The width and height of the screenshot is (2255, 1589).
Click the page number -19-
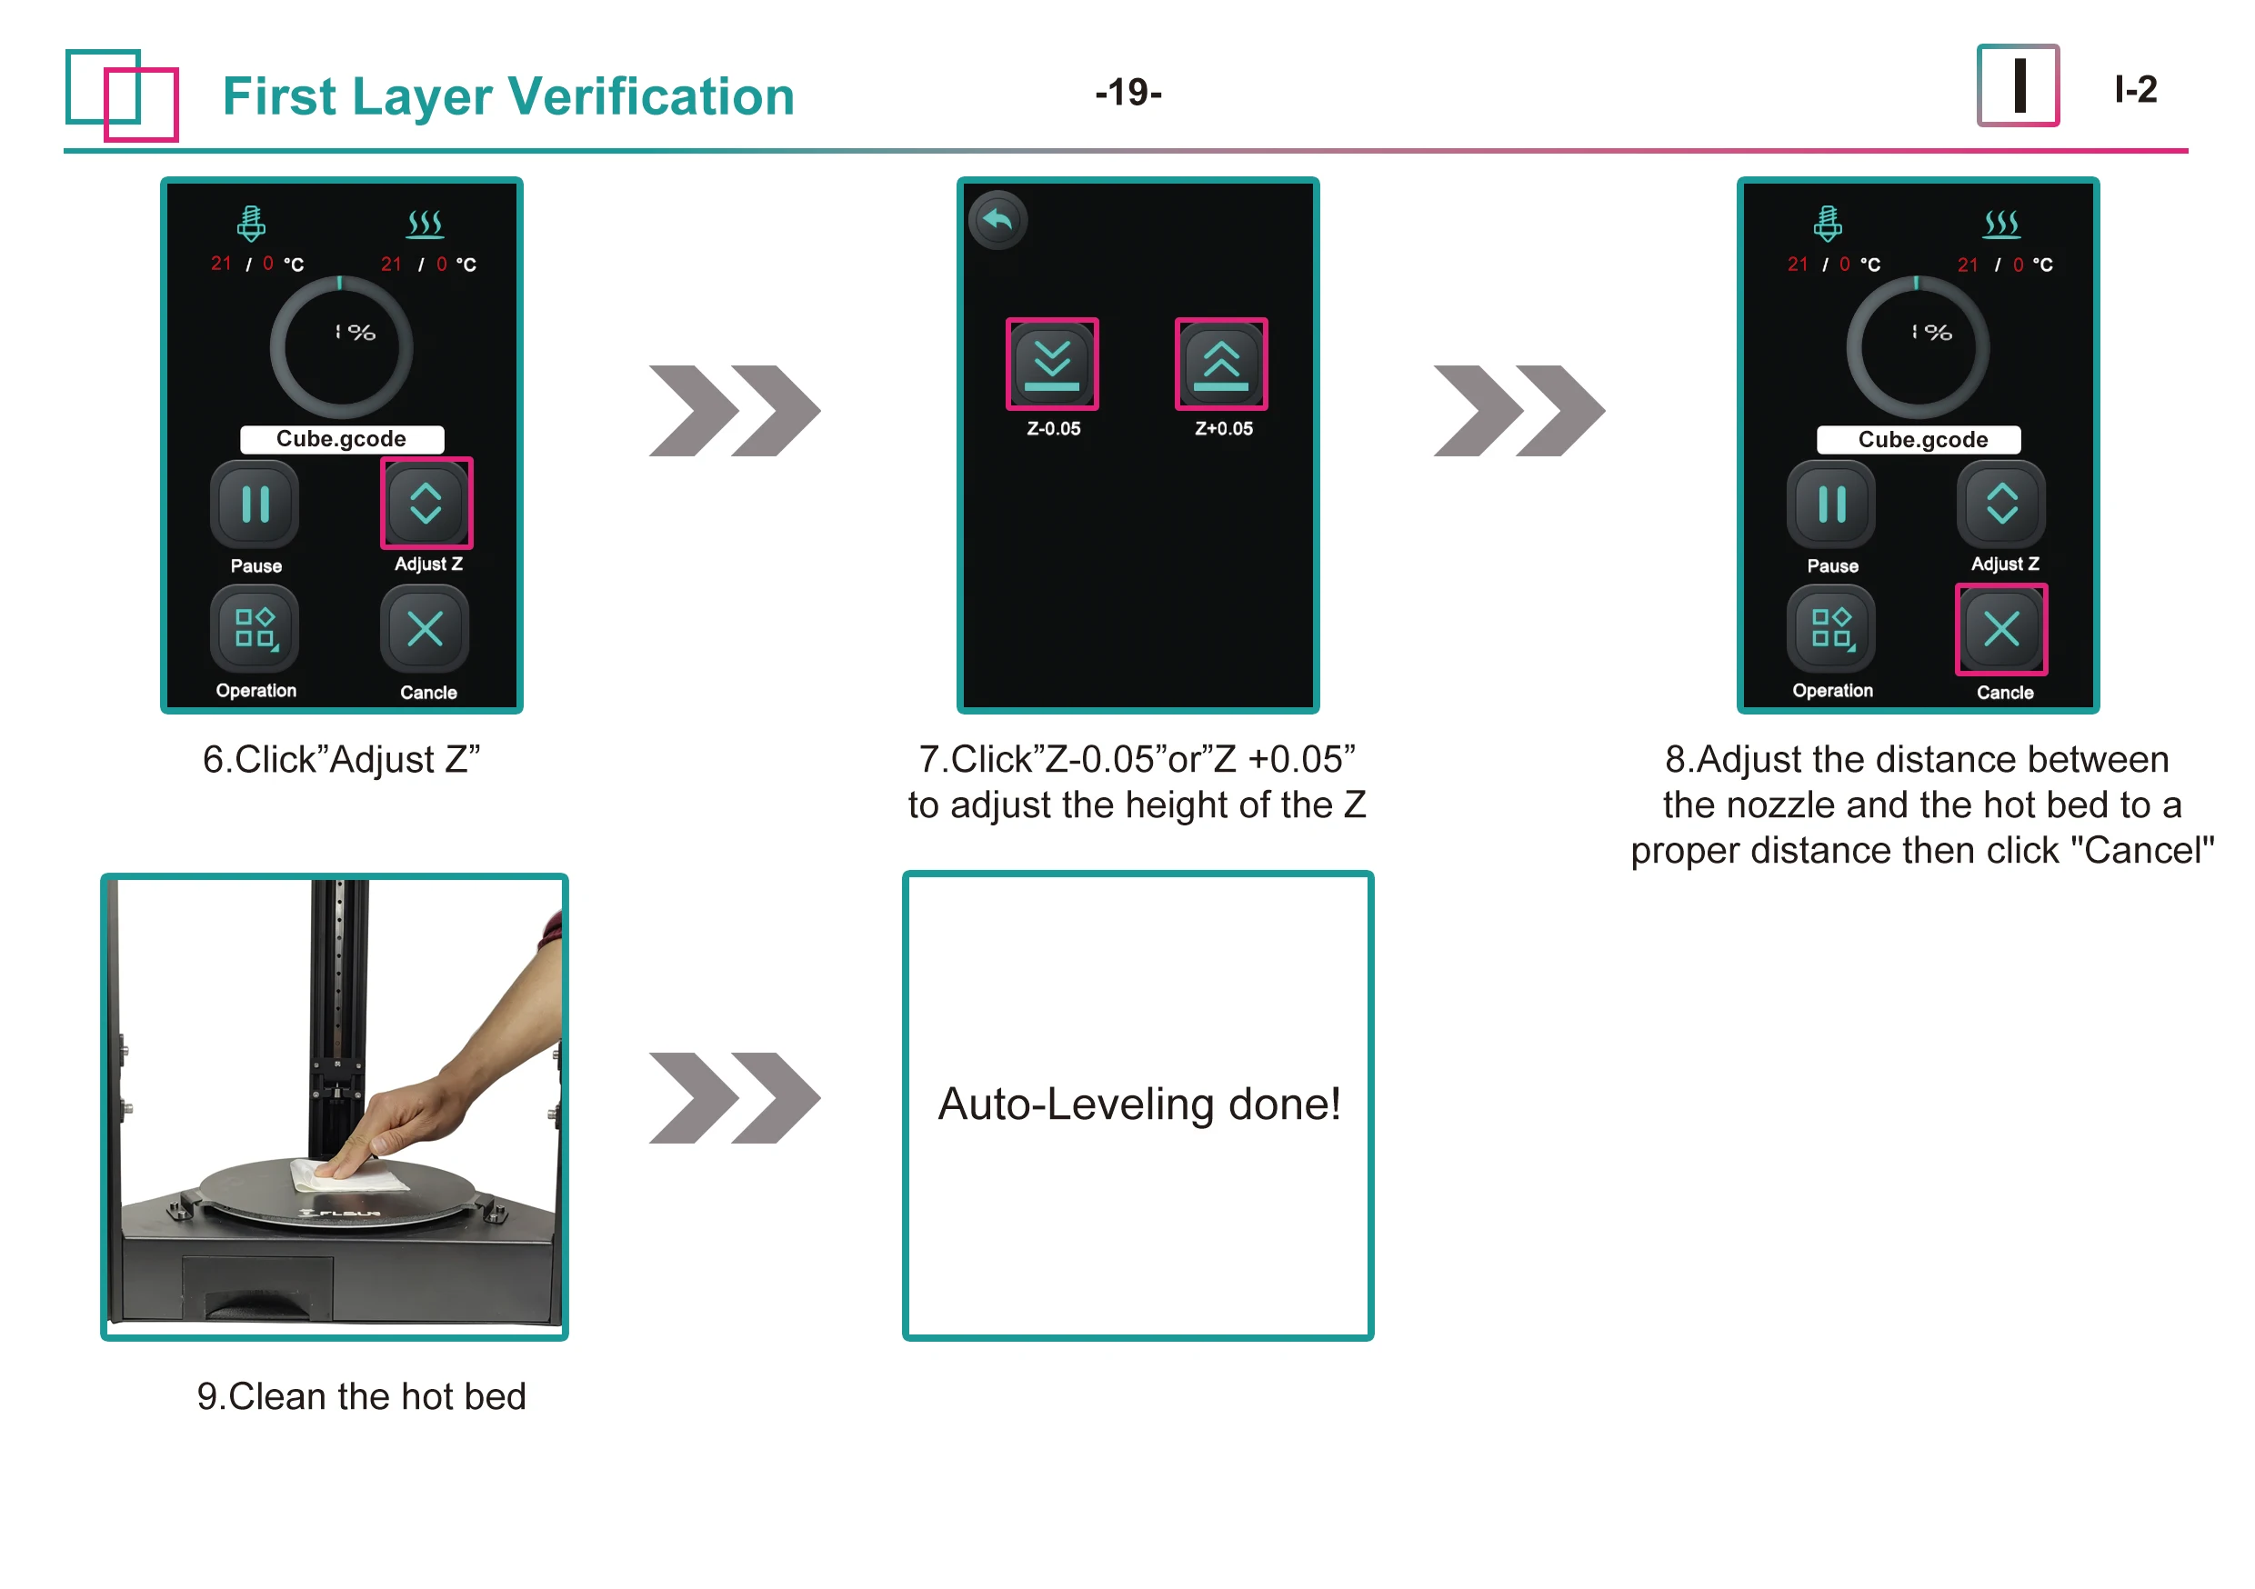pyautogui.click(x=1127, y=93)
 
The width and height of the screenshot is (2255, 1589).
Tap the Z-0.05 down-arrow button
pyautogui.click(x=1052, y=365)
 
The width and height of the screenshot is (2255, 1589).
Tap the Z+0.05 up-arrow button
pyautogui.click(x=1221, y=365)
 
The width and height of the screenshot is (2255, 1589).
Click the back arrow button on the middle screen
pyautogui.click(x=997, y=220)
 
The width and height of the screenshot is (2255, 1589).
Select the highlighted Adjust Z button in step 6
pyautogui.click(x=426, y=504)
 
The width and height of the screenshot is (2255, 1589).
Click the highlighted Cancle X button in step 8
pyautogui.click(x=2000, y=630)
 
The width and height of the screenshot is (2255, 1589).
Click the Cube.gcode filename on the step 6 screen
pyautogui.click(x=342, y=439)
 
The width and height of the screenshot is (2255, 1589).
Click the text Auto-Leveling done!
pyautogui.click(x=1138, y=1104)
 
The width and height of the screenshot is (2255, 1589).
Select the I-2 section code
pyautogui.click(x=2135, y=90)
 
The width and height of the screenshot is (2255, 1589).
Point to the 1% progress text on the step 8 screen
pyautogui.click(x=1931, y=333)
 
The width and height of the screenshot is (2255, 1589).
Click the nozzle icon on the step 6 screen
pyautogui.click(x=252, y=224)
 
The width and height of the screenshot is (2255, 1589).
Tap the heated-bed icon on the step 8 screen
pyautogui.click(x=2000, y=224)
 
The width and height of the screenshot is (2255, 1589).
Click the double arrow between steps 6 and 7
pyautogui.click(x=734, y=411)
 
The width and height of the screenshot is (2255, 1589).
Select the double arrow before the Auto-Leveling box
pyautogui.click(x=734, y=1098)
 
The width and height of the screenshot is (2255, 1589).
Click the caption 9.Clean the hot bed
pyautogui.click(x=361, y=1395)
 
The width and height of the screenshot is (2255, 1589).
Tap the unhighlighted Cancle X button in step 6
pyautogui.click(x=426, y=630)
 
